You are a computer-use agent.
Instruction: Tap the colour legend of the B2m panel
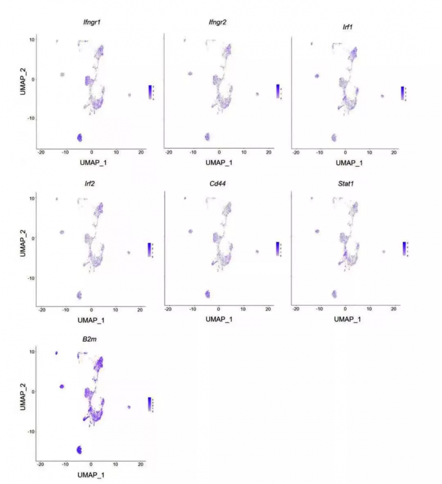coord(150,404)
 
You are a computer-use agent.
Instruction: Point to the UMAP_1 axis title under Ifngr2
coord(219,163)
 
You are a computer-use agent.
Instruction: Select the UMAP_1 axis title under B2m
coord(92,475)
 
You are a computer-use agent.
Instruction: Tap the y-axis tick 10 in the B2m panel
coord(32,352)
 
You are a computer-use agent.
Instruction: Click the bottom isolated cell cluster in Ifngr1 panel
coord(80,137)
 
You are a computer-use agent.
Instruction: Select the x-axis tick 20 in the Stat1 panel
coord(393,308)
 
